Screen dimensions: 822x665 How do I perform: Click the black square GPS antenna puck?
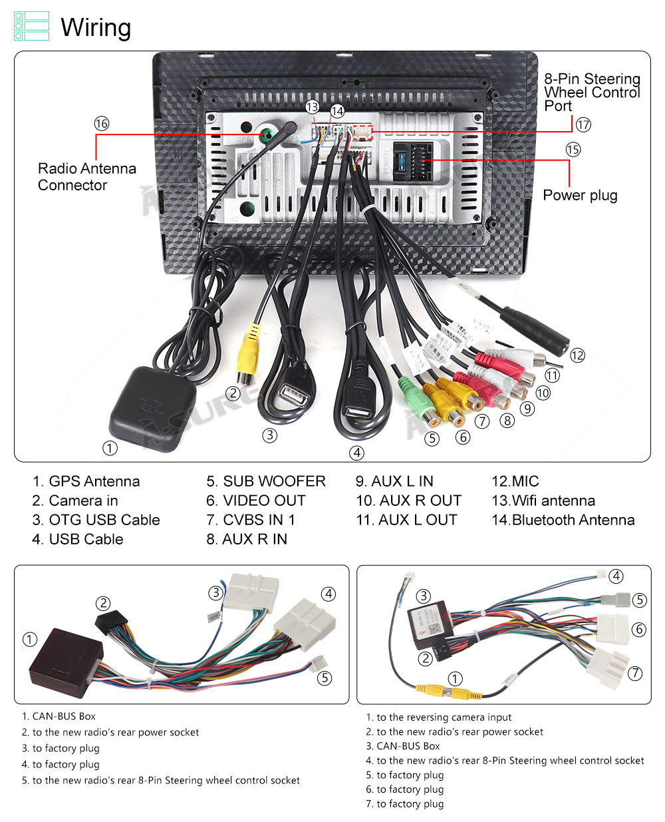click(x=148, y=407)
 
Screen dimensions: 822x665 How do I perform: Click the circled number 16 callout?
click(x=101, y=124)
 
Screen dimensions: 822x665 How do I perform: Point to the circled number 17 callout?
click(x=583, y=125)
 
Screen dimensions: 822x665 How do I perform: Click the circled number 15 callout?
click(x=573, y=150)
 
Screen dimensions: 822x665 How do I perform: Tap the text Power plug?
click(x=580, y=195)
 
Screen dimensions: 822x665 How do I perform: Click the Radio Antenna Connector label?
click(x=86, y=177)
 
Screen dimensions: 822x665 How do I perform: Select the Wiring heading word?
click(x=96, y=28)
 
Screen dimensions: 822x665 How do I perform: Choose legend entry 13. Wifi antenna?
click(x=543, y=501)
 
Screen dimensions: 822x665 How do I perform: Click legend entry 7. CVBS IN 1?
click(x=251, y=520)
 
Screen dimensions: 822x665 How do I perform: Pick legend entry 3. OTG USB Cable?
click(x=96, y=520)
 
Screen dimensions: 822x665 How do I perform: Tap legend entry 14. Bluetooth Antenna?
click(x=563, y=520)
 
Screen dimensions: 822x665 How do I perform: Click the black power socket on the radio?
click(x=413, y=161)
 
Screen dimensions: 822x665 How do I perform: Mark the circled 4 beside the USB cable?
click(x=357, y=453)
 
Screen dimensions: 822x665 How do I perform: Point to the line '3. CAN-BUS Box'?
click(x=403, y=746)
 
